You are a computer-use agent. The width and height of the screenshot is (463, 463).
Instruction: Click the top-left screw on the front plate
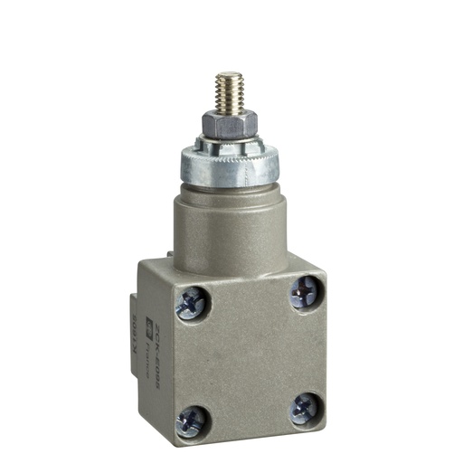coord(192,304)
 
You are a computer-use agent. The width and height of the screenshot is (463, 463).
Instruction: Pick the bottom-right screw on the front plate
coord(304,409)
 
